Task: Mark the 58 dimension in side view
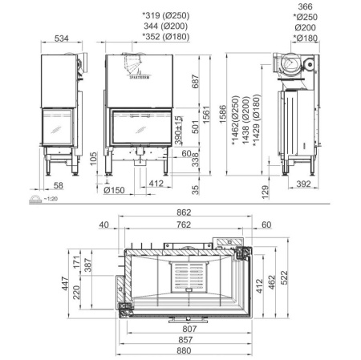(55, 186)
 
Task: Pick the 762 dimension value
(185, 225)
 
